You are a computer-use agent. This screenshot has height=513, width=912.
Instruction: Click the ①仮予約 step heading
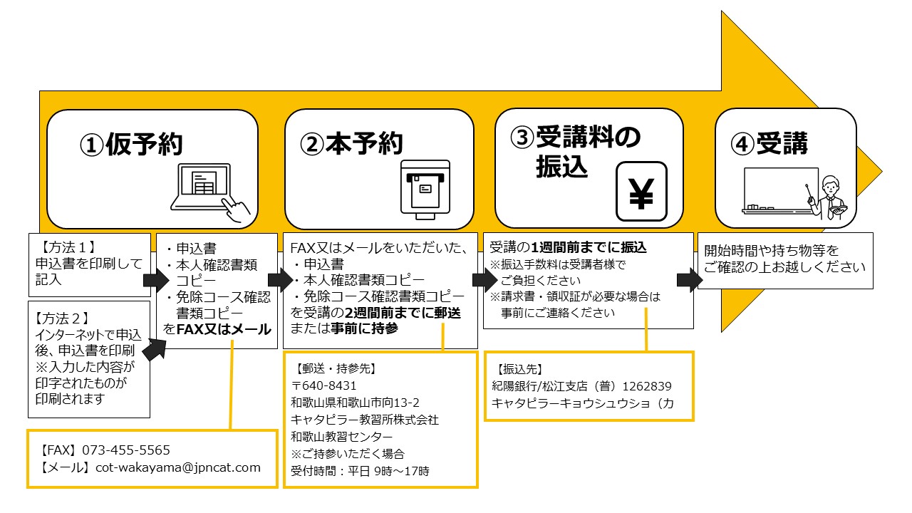[x=131, y=145]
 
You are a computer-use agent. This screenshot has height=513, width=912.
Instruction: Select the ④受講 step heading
[x=769, y=144]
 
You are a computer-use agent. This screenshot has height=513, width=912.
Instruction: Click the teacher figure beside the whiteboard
[x=831, y=196]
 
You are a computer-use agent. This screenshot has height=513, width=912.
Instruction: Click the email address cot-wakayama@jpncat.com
[x=175, y=467]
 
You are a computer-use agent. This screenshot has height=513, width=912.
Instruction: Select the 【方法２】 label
[x=63, y=316]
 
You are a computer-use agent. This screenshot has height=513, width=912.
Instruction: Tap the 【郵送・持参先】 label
[x=334, y=369]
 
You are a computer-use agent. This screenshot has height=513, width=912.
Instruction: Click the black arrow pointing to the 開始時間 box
[x=687, y=279]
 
